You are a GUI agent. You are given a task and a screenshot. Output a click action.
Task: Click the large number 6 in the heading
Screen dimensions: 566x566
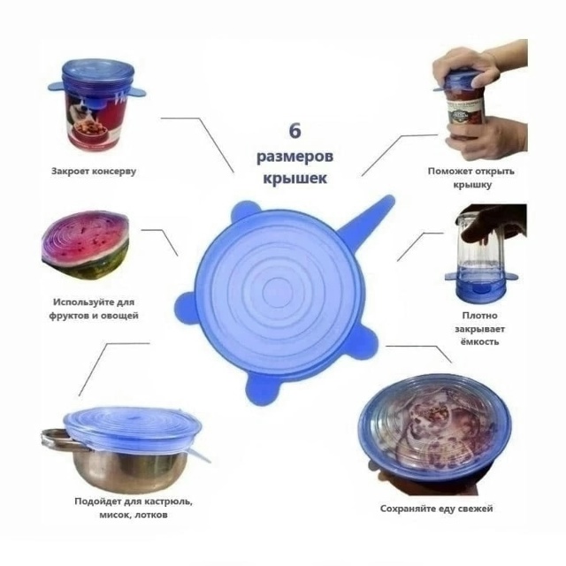pos(294,130)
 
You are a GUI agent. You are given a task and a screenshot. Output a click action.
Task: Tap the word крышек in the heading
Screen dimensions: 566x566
pos(294,179)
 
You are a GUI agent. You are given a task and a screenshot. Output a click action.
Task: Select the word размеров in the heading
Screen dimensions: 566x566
pos(294,157)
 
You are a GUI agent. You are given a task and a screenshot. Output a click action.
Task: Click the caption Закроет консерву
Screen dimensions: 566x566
pos(94,171)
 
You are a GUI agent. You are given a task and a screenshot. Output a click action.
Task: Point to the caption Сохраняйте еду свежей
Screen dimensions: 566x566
pos(436,509)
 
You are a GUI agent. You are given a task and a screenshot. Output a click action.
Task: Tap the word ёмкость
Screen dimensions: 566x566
pos(479,341)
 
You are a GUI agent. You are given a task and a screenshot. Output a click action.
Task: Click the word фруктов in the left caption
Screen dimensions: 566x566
pos(68,316)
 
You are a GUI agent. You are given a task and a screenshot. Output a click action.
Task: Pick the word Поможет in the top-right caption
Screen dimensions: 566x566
pos(449,171)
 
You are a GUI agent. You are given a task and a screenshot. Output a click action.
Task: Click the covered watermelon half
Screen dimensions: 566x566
pos(86,246)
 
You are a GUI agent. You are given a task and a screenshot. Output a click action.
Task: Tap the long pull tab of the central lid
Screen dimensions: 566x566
pos(368,221)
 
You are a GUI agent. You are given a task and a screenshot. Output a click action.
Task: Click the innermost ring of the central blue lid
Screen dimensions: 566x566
pos(278,291)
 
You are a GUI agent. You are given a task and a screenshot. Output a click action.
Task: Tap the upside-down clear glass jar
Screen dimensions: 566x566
pos(480,256)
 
